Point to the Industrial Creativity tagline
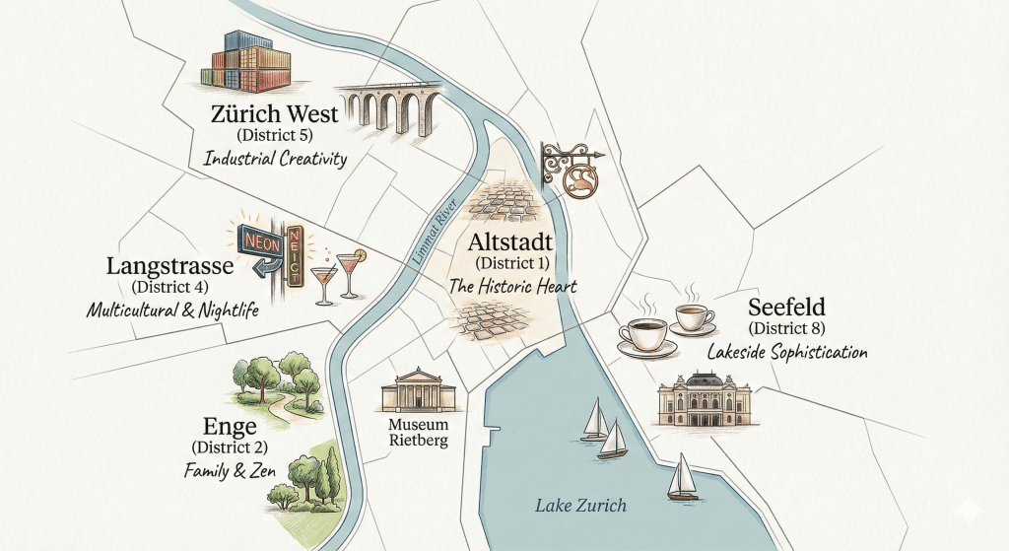275,158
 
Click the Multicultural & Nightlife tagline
171,310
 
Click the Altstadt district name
512,242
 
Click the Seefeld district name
786,307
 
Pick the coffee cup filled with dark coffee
646,334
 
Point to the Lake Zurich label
580,506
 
